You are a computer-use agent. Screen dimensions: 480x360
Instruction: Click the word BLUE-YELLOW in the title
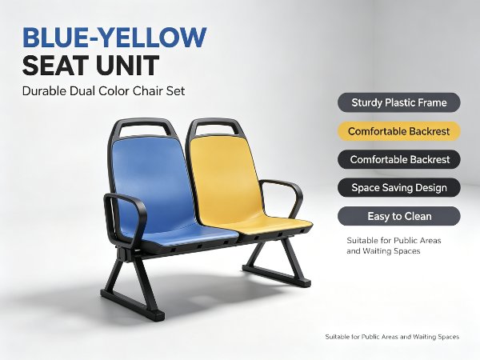[114, 38]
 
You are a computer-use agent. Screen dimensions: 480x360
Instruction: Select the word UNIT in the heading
[126, 66]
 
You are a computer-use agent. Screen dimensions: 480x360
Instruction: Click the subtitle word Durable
[44, 91]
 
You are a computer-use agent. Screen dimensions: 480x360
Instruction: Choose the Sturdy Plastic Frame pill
[399, 102]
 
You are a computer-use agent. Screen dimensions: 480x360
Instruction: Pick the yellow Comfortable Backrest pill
[399, 131]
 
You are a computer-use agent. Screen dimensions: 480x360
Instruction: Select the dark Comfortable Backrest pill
[399, 159]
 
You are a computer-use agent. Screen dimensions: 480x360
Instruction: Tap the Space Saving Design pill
[399, 188]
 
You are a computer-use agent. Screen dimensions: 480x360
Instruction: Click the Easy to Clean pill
[399, 216]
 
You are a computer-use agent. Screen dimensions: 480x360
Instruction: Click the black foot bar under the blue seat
[132, 303]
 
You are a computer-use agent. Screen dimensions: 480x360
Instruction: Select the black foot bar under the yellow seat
[276, 275]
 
